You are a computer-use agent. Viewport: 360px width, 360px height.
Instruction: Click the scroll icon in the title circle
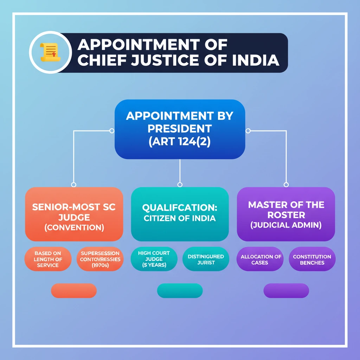[x=50, y=53]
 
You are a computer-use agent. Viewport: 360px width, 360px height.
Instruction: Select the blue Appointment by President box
[x=180, y=129]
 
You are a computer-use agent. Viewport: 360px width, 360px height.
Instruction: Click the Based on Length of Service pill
[x=48, y=259]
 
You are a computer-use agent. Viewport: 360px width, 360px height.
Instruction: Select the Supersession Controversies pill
[x=100, y=259]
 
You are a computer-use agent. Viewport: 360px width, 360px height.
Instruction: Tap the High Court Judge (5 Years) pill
[x=154, y=259]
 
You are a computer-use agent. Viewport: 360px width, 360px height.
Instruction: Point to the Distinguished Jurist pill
[x=206, y=259]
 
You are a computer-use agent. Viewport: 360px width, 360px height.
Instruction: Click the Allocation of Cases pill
[x=260, y=259]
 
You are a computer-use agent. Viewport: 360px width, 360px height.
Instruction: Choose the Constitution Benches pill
[x=312, y=259]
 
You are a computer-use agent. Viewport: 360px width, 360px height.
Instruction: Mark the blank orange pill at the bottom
[x=74, y=291]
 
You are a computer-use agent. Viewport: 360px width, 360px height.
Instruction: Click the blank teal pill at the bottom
[x=180, y=291]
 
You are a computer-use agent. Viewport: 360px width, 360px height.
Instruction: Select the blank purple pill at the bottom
[x=286, y=291]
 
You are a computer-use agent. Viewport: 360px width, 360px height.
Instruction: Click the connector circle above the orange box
[x=73, y=185]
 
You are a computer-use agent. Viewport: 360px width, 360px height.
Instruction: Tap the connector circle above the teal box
[x=180, y=185]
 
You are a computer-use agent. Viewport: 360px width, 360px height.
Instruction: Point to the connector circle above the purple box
[x=286, y=185]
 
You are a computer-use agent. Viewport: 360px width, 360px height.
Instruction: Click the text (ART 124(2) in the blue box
[x=180, y=142]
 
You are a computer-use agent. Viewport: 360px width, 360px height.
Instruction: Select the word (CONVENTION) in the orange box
[x=74, y=227]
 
